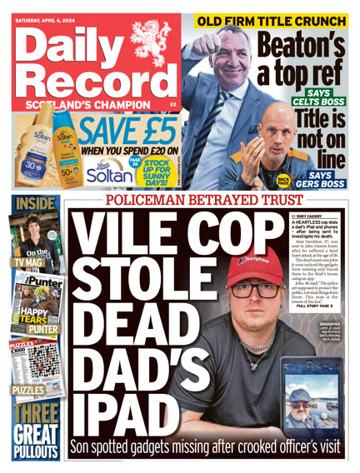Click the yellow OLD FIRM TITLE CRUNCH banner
click(271, 20)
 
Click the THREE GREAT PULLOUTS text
click(36, 431)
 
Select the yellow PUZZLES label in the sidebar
click(27, 390)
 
